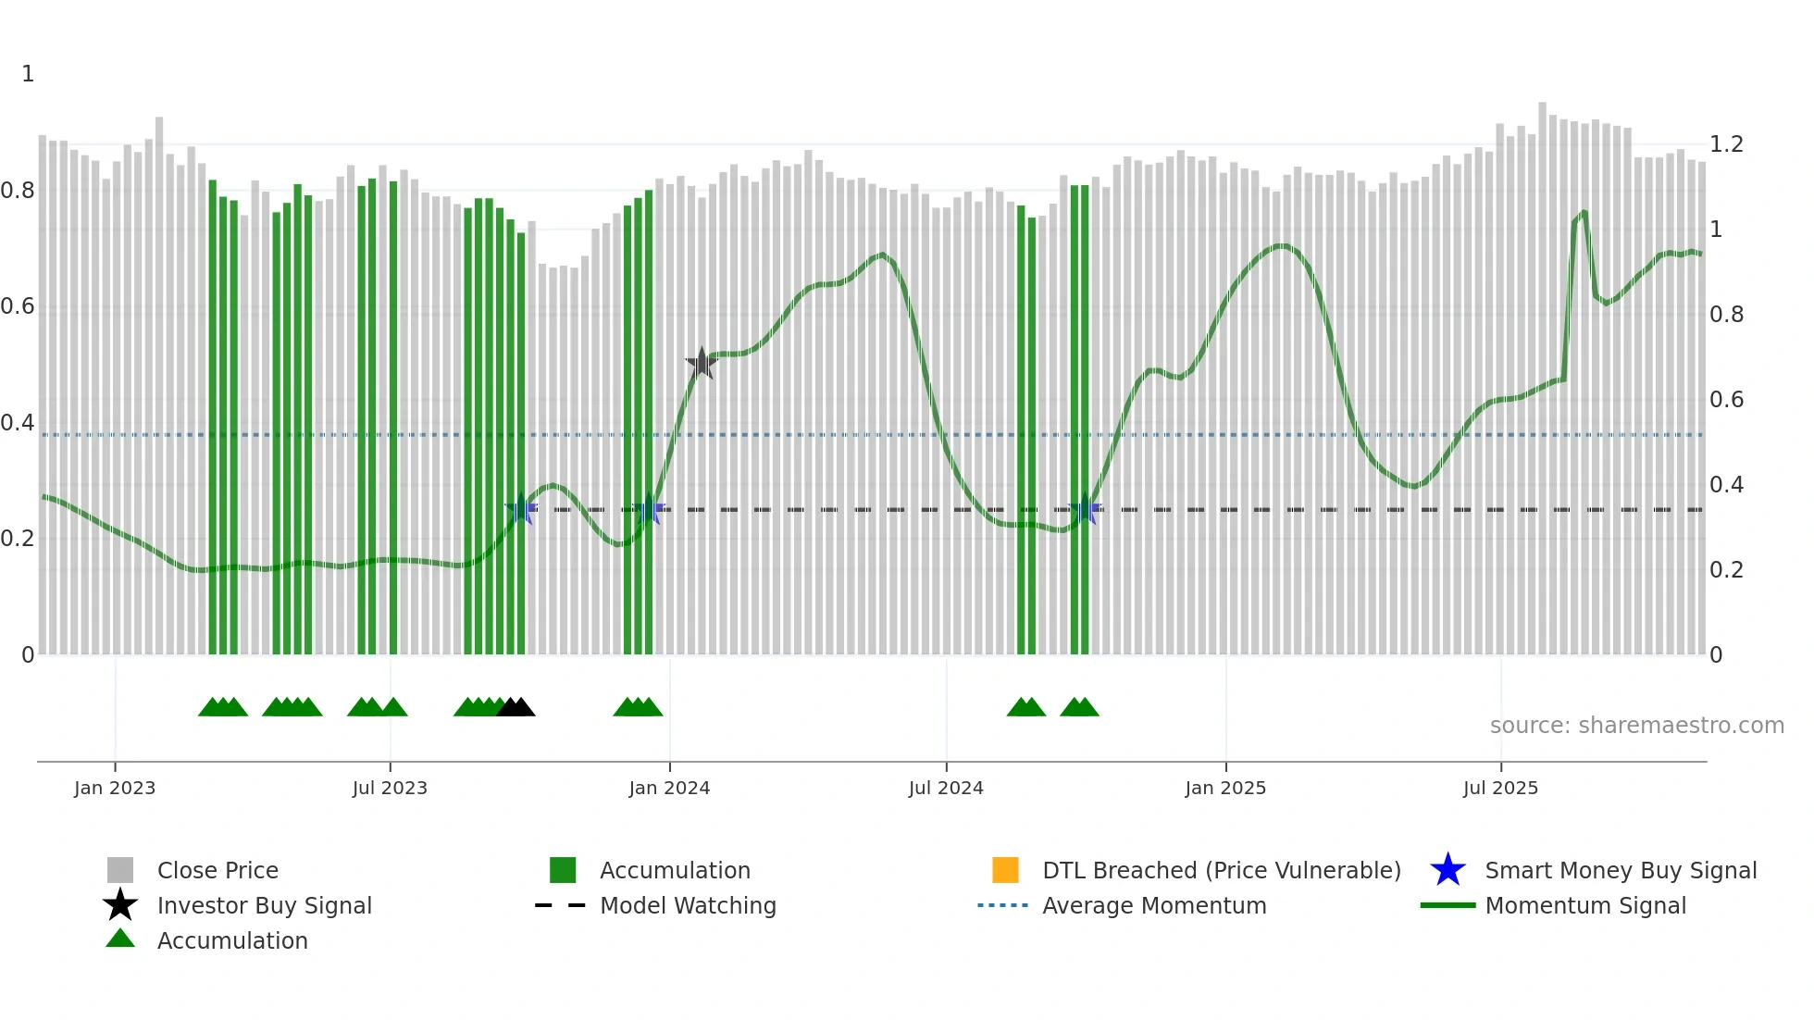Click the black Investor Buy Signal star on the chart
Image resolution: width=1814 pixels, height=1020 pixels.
point(702,363)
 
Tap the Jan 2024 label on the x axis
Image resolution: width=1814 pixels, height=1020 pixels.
point(669,788)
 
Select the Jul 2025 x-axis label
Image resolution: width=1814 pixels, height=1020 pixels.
point(1500,788)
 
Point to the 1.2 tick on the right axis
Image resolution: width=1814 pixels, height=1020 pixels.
point(1726,144)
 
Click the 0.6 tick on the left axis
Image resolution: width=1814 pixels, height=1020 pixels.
point(18,306)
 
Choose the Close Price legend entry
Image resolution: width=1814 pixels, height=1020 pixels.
point(217,870)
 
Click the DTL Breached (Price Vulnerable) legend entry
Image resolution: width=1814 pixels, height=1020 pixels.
point(1221,870)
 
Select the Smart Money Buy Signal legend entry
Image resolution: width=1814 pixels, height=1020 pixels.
point(1620,870)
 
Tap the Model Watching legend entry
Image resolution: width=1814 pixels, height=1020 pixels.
point(687,905)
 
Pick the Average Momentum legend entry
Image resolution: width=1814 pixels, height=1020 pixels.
point(1153,905)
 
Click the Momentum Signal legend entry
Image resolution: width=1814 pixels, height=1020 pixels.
point(1584,905)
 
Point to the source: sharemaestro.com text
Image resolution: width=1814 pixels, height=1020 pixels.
point(1636,725)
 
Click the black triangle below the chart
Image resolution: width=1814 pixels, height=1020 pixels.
point(516,708)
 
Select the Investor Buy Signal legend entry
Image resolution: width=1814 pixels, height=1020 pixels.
point(264,905)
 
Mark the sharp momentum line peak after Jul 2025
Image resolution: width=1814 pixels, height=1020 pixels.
point(1584,213)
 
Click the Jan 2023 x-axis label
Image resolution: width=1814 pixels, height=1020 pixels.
point(115,788)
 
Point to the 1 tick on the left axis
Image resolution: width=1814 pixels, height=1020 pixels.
point(28,74)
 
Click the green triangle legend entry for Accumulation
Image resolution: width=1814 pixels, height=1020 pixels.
point(231,940)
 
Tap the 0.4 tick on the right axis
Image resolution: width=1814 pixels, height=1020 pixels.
point(1726,485)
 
